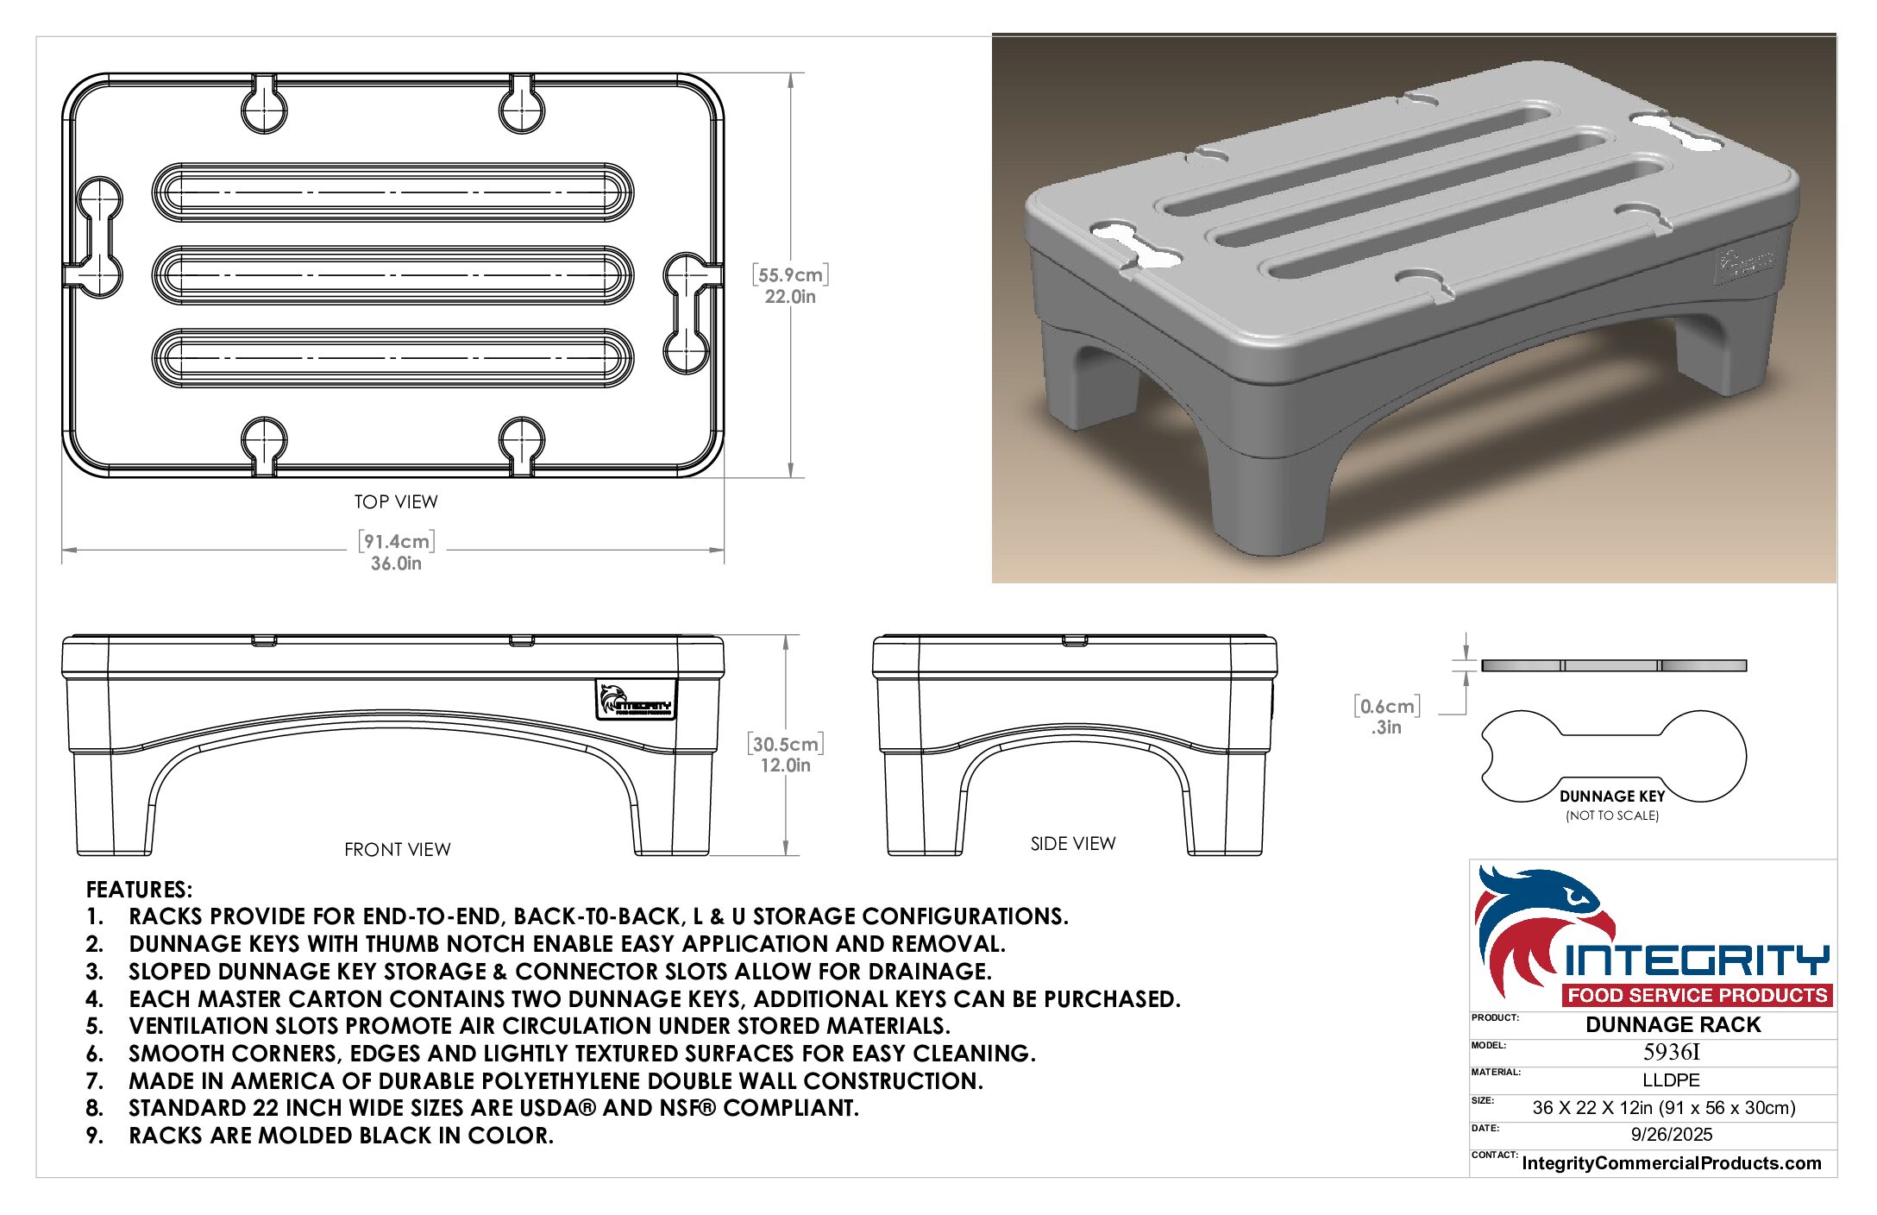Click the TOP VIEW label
pyautogui.click(x=396, y=501)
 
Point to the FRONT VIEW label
pyautogui.click(x=398, y=849)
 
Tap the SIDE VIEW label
pyautogui.click(x=1073, y=843)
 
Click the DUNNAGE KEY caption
pyautogui.click(x=1612, y=796)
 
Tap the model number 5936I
pyautogui.click(x=1672, y=1052)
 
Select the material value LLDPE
pyautogui.click(x=1671, y=1080)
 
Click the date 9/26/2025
pyautogui.click(x=1672, y=1135)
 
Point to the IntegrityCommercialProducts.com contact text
pyautogui.click(x=1672, y=1163)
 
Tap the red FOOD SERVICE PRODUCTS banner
pyautogui.click(x=1698, y=995)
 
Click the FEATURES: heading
pyautogui.click(x=140, y=890)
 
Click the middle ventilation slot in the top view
pyautogui.click(x=393, y=275)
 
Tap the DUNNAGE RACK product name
pyautogui.click(x=1673, y=1024)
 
